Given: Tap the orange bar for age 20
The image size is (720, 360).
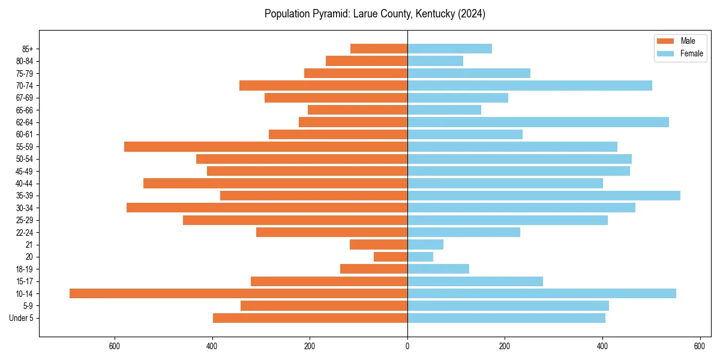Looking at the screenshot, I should [x=391, y=257].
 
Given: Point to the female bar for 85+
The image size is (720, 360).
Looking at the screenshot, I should [x=449, y=49].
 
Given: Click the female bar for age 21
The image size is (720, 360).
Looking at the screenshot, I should [x=425, y=245].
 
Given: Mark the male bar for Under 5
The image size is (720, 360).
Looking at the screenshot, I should [x=310, y=318].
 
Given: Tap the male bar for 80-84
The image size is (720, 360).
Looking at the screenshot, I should [x=367, y=61].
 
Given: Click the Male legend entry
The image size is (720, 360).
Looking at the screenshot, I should [x=688, y=41].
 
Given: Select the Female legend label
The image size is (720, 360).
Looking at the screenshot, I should [x=692, y=53].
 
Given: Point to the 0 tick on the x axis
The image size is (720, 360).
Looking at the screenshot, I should [x=407, y=346].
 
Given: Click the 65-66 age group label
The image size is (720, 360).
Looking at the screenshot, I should [x=24, y=110].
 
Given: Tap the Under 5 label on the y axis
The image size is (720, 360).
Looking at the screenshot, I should [x=21, y=318].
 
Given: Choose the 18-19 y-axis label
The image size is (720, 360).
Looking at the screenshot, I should [x=24, y=269].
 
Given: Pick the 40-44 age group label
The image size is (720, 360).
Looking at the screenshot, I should [x=24, y=184].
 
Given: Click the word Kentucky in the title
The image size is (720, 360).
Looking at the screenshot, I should [x=431, y=14].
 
